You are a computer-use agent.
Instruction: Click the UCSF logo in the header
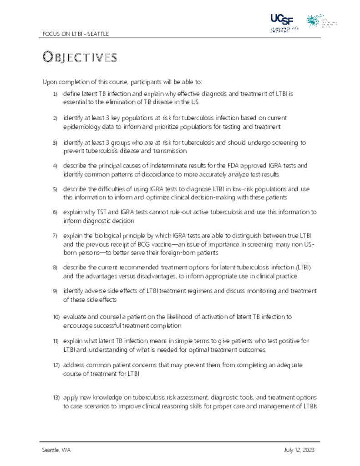point(282,21)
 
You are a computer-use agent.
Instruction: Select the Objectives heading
point(80,57)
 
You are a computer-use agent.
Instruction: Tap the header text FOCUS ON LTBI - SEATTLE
point(75,34)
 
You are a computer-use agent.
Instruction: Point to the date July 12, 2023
point(299,450)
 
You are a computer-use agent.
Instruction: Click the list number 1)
point(55,94)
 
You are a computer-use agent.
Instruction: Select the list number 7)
point(55,236)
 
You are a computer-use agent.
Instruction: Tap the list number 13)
point(56,398)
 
